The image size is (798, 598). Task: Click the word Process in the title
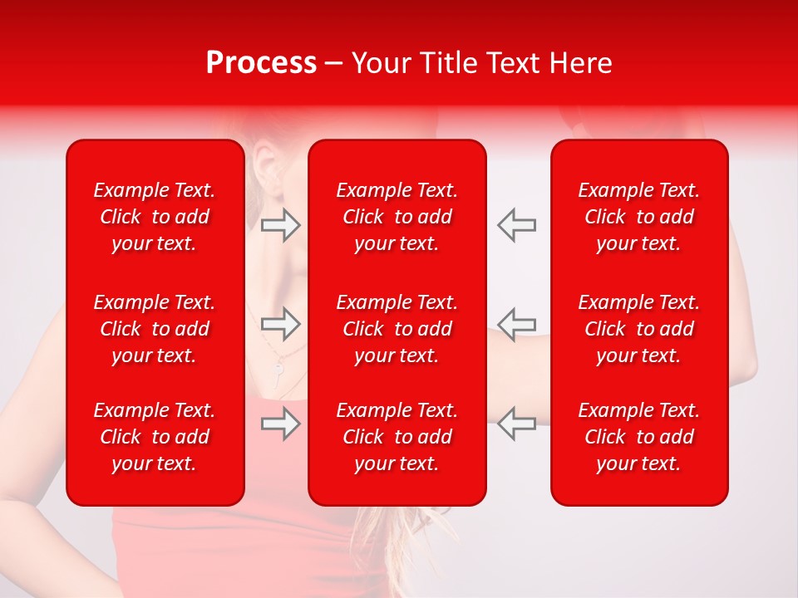tap(261, 63)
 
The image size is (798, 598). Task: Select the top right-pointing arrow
tap(280, 225)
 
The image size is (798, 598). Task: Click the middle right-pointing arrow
tap(280, 323)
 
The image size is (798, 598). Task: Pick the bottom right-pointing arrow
tap(280, 424)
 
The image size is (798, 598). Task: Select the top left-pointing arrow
tap(517, 225)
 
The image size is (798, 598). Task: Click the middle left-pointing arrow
tap(517, 323)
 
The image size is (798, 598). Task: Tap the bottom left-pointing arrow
tap(517, 423)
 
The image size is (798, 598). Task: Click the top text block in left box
tap(155, 217)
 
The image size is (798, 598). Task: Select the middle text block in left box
tap(155, 329)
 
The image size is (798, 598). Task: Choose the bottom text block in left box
tap(155, 437)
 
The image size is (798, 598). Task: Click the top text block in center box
tap(397, 217)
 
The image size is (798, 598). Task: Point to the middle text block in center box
tap(397, 329)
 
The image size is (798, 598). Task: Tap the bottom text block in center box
tap(397, 437)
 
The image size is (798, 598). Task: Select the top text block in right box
tap(639, 217)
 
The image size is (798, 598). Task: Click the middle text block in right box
tap(639, 329)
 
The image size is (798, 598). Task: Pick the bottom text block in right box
tap(639, 437)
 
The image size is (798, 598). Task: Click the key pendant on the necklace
tap(277, 372)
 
